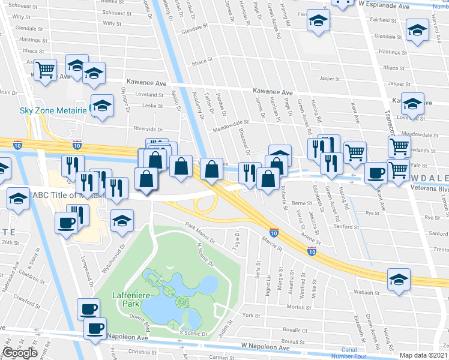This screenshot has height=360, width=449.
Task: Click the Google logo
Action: coord(20,353)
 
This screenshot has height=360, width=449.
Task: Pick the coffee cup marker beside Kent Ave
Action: coord(376,172)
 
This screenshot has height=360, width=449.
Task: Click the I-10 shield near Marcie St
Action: coord(274,232)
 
